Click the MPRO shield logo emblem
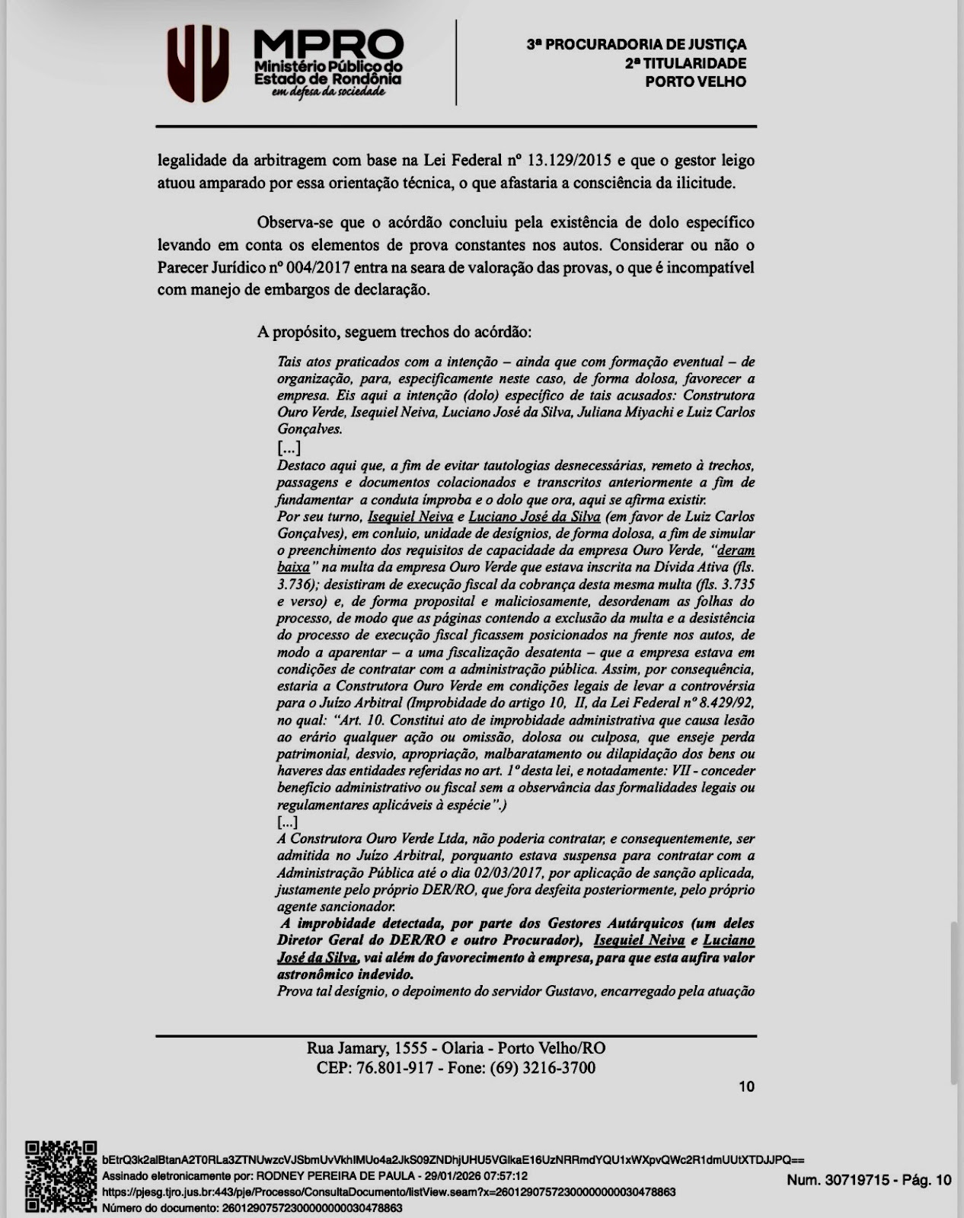[x=198, y=63]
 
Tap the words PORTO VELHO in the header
[x=695, y=82]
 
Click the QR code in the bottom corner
[x=61, y=1176]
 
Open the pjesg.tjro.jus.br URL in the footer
[x=388, y=1192]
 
